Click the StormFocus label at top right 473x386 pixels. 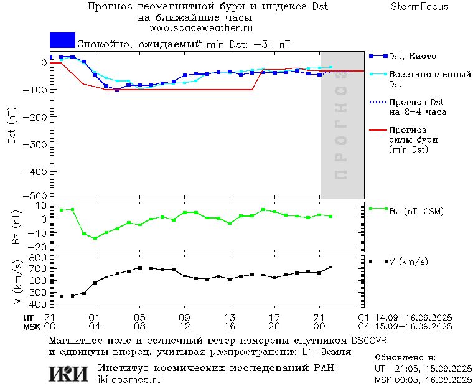[x=419, y=7]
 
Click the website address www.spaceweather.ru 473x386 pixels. [x=201, y=28]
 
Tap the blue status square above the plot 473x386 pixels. [x=62, y=40]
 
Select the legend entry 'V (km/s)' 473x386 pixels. [x=408, y=261]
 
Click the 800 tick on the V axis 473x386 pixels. [x=40, y=257]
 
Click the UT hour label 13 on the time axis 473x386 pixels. [x=230, y=318]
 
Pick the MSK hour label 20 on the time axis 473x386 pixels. [x=274, y=326]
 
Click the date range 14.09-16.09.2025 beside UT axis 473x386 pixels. [x=413, y=318]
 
